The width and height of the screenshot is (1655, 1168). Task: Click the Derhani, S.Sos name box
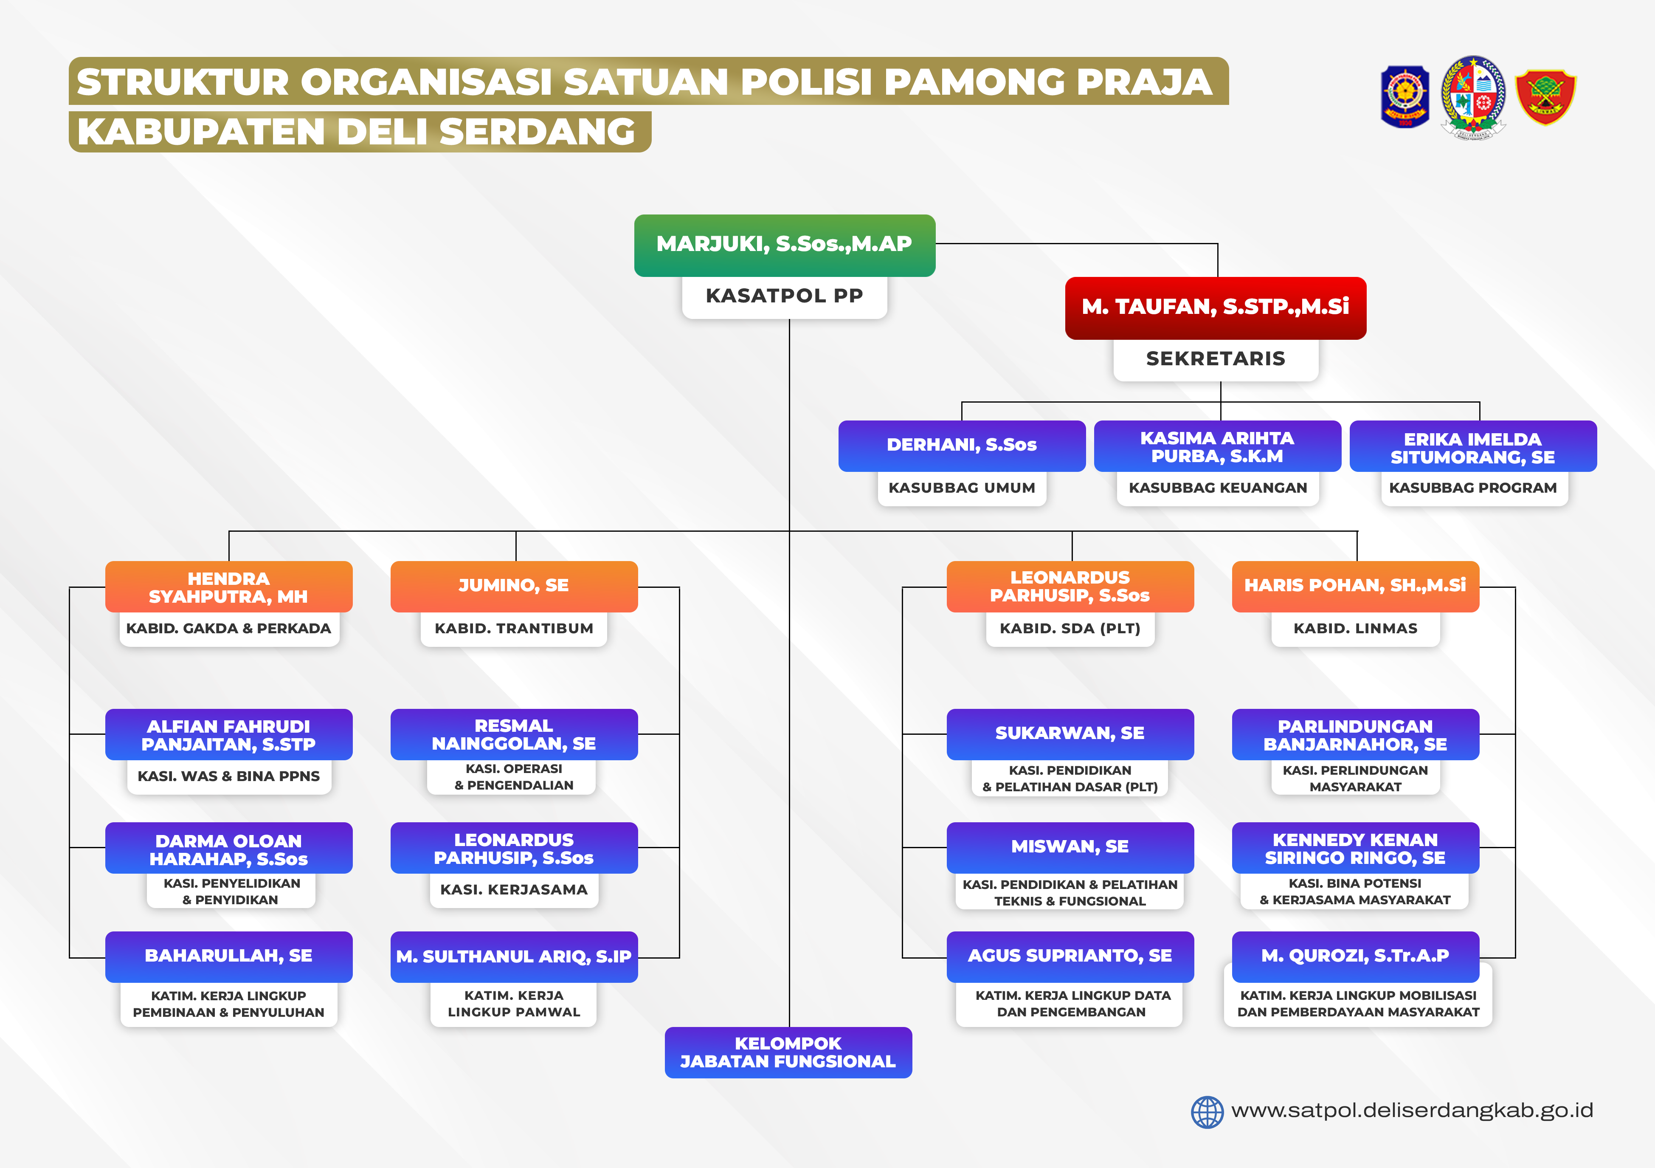point(962,446)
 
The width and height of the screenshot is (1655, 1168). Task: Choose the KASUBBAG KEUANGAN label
point(1217,488)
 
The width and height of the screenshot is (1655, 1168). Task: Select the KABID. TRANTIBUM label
point(514,629)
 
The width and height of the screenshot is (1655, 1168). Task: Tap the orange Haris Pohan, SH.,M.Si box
point(1355,586)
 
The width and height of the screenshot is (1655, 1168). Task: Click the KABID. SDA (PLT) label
point(1070,629)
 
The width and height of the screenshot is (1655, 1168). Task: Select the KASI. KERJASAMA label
point(514,890)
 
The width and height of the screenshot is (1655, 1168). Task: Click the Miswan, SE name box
point(1070,847)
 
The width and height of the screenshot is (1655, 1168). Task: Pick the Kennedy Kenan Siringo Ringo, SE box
point(1355,847)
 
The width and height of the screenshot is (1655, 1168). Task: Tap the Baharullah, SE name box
point(228,957)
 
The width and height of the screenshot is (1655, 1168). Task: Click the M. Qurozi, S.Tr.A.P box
point(1355,957)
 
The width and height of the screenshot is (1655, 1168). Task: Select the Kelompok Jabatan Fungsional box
point(788,1052)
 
